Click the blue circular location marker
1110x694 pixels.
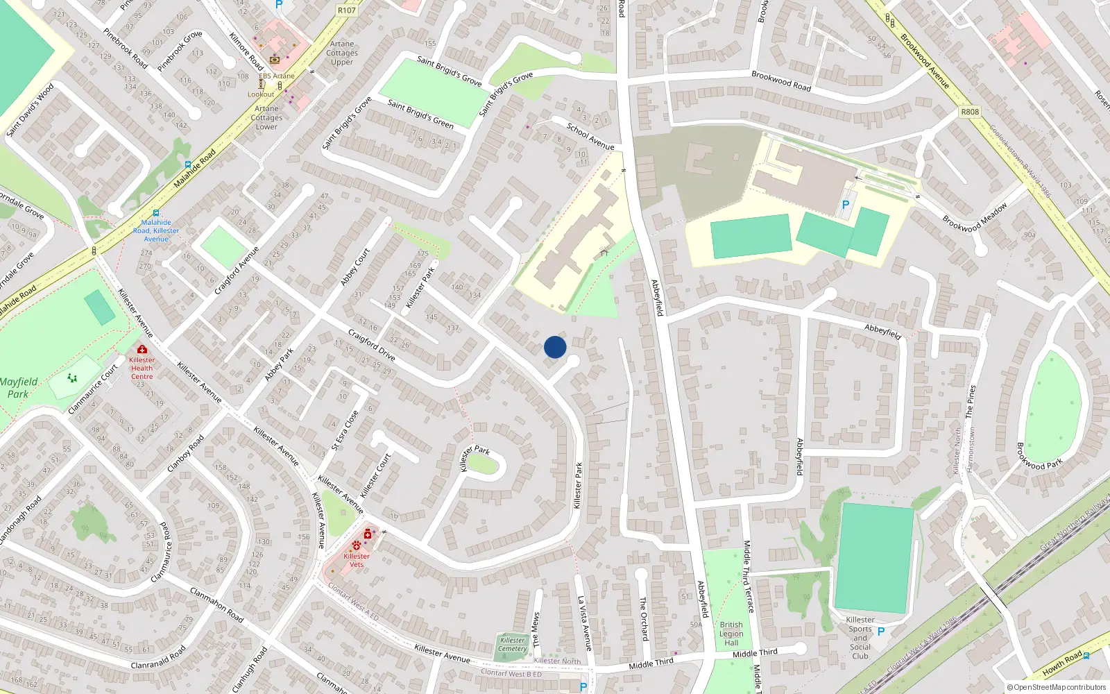(x=555, y=347)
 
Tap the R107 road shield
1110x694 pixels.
(x=346, y=10)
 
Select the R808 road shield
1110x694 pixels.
(x=970, y=112)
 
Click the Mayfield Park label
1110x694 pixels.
(x=19, y=388)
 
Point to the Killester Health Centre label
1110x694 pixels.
(x=142, y=368)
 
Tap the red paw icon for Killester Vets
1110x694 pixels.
(x=357, y=545)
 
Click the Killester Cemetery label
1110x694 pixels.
(x=513, y=645)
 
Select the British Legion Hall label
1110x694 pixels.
(x=731, y=634)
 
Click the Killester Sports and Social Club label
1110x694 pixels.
(x=860, y=638)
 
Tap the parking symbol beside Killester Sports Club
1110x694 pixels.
(x=881, y=632)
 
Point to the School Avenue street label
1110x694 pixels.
(x=590, y=137)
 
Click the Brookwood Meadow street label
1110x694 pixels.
(x=975, y=217)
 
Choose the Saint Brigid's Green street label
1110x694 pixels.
(x=420, y=115)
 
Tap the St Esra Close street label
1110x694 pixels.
(x=345, y=430)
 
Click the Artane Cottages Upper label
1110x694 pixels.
(x=342, y=53)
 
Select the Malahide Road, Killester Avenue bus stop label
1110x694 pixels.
(x=156, y=230)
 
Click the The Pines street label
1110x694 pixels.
(x=971, y=402)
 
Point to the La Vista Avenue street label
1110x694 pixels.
(x=585, y=623)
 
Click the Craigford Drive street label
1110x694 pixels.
(x=372, y=345)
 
